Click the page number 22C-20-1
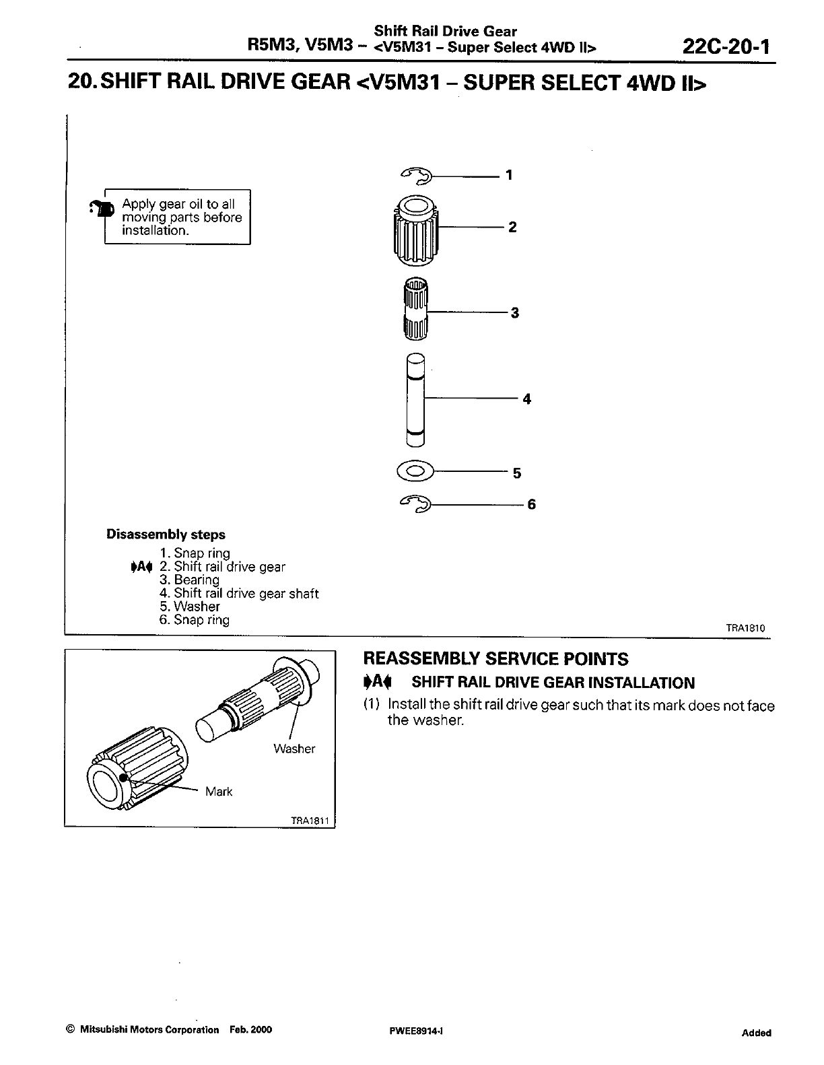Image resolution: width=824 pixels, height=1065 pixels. pyautogui.click(x=725, y=46)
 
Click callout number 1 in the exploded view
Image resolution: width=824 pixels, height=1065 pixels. pyautogui.click(x=509, y=175)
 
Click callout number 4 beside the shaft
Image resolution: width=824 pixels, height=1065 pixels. pyautogui.click(x=526, y=399)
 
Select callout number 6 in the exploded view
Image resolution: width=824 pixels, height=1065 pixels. pyautogui.click(x=531, y=504)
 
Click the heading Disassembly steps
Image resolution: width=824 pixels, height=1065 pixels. pyautogui.click(x=166, y=535)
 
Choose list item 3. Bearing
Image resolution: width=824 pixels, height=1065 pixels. pyautogui.click(x=190, y=580)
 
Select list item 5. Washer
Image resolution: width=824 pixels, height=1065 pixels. pyautogui.click(x=190, y=606)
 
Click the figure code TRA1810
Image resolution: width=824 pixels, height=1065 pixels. pyautogui.click(x=745, y=628)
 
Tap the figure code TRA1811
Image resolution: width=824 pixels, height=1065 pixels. pyautogui.click(x=309, y=821)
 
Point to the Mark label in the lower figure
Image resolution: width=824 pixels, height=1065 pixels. pyautogui.click(x=219, y=792)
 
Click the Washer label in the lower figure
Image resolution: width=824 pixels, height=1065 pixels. pyautogui.click(x=294, y=749)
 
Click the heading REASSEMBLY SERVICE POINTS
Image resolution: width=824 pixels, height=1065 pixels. pyautogui.click(x=495, y=659)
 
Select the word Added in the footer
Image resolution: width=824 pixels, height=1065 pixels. pyautogui.click(x=757, y=1033)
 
